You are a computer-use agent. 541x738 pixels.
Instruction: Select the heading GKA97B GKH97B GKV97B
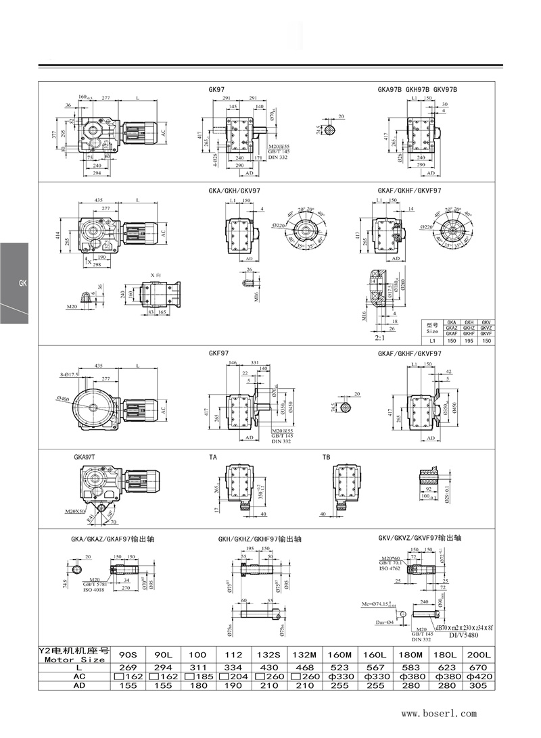click(417, 89)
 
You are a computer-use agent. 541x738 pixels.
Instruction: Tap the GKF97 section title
click(218, 353)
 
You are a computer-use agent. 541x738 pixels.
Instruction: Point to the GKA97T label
click(87, 457)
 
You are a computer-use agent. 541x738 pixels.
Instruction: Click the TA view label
click(213, 457)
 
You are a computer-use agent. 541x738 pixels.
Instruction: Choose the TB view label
click(327, 457)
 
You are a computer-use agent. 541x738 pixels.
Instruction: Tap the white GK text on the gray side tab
click(22, 283)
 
